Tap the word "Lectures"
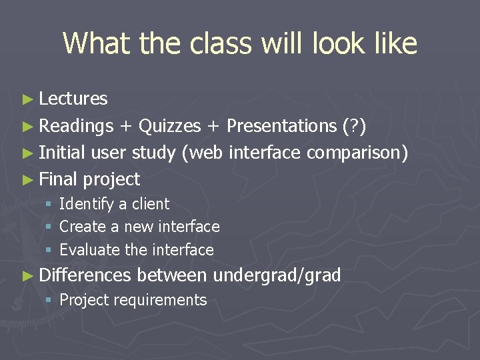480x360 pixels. (x=73, y=99)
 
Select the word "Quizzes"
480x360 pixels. (x=169, y=125)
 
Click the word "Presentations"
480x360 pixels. (x=281, y=125)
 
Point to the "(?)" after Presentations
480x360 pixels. (x=353, y=125)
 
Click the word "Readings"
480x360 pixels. (x=76, y=125)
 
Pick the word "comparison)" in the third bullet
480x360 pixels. (x=357, y=153)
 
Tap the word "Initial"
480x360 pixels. (x=62, y=153)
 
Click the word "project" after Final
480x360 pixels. (x=111, y=179)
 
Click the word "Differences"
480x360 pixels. (x=85, y=275)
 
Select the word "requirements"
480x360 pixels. (x=160, y=300)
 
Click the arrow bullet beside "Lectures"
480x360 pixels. (x=27, y=99)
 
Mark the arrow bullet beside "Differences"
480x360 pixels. (x=27, y=275)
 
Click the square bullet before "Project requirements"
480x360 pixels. (x=49, y=301)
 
